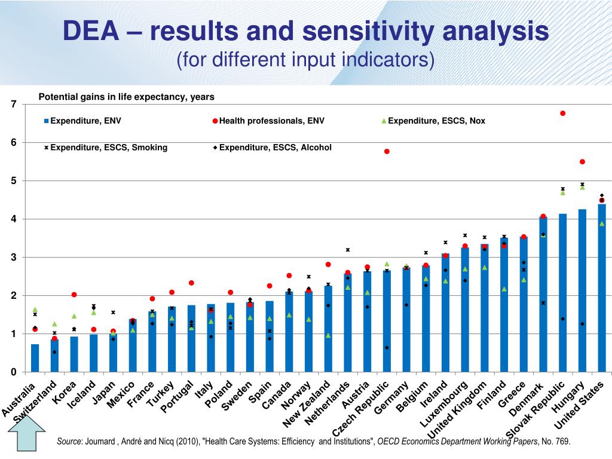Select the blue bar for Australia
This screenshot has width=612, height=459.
[35, 358]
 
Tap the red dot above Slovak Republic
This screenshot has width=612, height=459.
[562, 113]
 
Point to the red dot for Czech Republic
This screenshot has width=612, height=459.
[387, 151]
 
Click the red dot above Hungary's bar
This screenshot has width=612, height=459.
[582, 161]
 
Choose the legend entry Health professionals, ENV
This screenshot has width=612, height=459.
[271, 121]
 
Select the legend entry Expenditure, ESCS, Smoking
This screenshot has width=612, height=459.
[108, 147]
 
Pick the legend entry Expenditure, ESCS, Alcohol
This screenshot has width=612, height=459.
[275, 147]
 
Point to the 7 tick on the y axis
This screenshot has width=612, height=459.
[14, 105]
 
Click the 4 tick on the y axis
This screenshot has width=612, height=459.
[14, 219]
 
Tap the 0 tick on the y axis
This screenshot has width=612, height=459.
[14, 372]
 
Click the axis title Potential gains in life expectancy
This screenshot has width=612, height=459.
[126, 96]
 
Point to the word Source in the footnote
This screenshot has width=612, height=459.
[69, 442]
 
